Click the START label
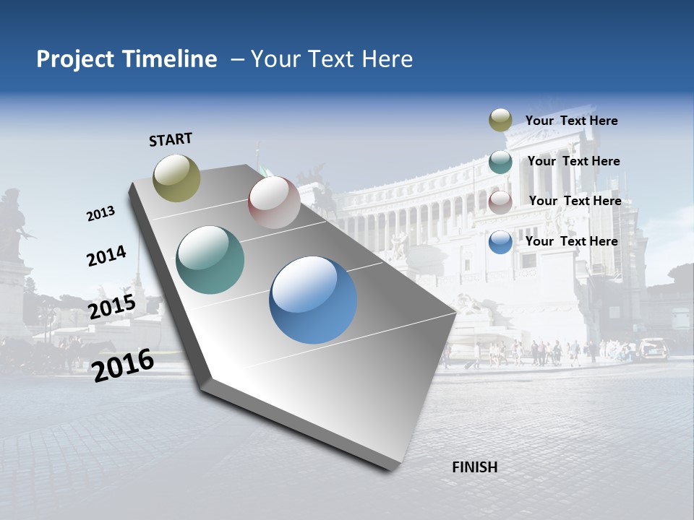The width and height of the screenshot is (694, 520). [171, 139]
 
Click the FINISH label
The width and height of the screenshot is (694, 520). [474, 467]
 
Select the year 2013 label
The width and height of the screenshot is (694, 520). [100, 214]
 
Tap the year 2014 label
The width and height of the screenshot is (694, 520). [106, 256]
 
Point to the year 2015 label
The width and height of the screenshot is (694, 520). [112, 307]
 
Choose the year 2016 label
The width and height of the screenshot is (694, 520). [124, 365]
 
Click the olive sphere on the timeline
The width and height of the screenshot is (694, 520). [177, 178]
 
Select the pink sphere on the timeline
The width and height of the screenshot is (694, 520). [274, 202]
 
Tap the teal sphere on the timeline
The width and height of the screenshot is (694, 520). [210, 260]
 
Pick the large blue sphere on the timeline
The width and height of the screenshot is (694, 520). [313, 300]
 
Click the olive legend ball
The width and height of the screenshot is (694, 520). [500, 121]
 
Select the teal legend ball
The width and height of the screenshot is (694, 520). [500, 162]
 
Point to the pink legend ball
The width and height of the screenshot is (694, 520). [500, 201]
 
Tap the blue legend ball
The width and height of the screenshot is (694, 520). [500, 242]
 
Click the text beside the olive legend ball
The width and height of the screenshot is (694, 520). [571, 121]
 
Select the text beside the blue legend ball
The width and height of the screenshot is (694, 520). [571, 241]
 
